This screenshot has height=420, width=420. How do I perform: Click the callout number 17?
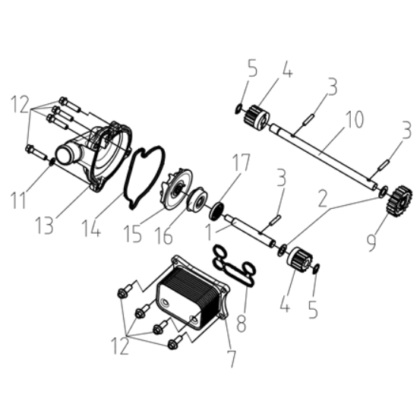point(241,163)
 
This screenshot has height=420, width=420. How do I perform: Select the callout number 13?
point(45,226)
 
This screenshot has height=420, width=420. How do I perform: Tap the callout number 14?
point(92,228)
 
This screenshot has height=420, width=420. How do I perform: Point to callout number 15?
point(132,234)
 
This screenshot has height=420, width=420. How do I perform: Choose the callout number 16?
point(163,235)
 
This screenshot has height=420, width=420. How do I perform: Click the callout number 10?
point(354,119)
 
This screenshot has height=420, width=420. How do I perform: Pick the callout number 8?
point(242,324)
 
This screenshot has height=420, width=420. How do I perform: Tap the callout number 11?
point(18,200)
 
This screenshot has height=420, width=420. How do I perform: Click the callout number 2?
point(323,199)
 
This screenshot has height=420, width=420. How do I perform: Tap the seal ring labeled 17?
point(216,211)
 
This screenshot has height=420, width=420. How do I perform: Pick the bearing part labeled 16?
point(199,201)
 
